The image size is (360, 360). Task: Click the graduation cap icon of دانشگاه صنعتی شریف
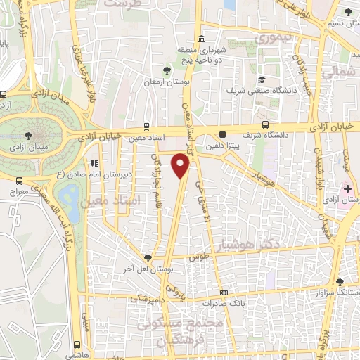pos(262,80)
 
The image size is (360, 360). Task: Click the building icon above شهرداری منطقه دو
pos(202,38)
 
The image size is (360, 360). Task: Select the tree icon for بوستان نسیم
pos(349,11)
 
